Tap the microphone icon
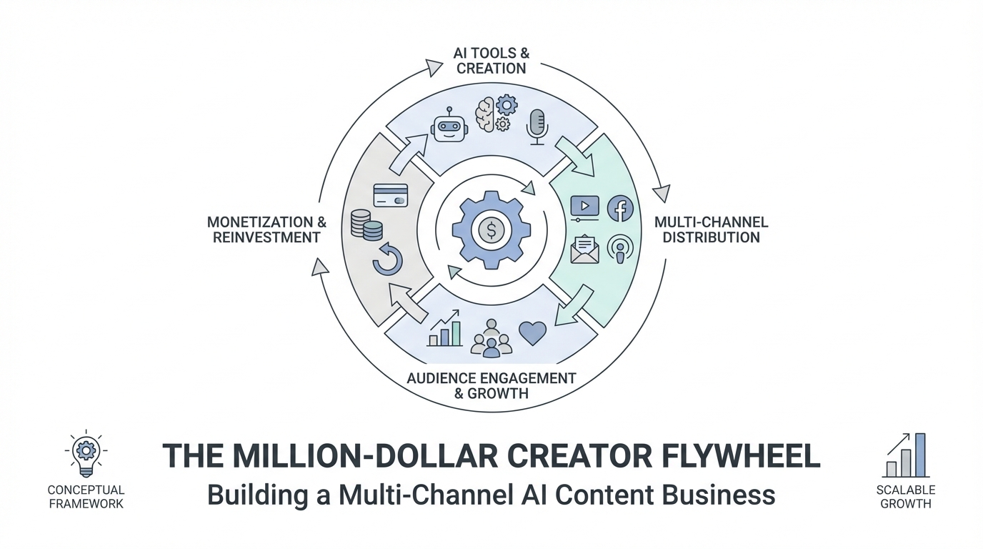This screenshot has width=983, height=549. [x=537, y=127]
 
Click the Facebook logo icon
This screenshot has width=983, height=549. [x=620, y=209]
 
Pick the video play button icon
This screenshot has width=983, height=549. [x=584, y=207]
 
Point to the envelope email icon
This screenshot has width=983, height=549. [x=584, y=249]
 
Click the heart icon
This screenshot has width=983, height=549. [x=532, y=332]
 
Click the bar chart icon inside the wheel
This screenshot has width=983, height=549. [x=444, y=330]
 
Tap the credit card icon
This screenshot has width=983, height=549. [x=391, y=196]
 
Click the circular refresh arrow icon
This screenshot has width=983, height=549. [x=388, y=259]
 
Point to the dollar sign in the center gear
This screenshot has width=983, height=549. [x=491, y=229]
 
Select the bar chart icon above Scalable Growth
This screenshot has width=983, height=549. [x=906, y=455]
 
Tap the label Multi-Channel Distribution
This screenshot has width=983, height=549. [x=711, y=229]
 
